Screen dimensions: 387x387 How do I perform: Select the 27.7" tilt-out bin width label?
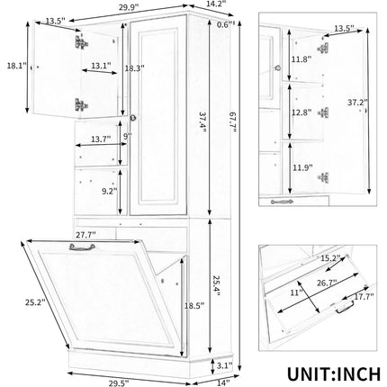(x=86, y=235)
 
